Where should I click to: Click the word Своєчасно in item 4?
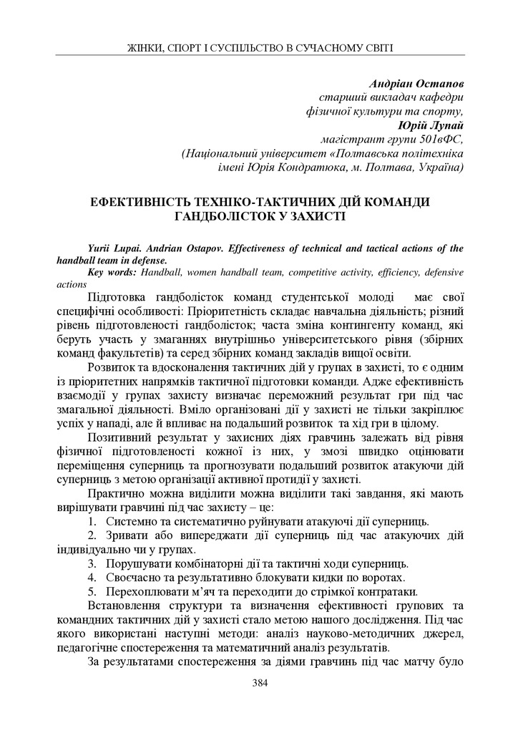[133, 577]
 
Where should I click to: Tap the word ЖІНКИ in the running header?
[144, 48]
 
